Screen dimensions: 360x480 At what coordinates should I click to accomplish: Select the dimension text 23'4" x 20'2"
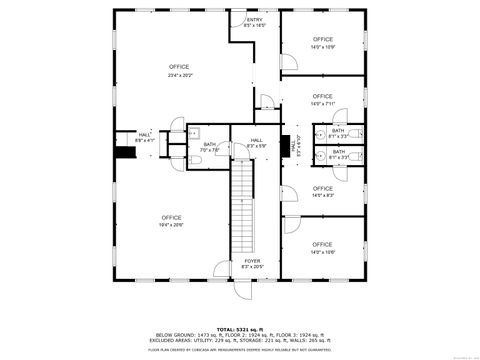point(179,75)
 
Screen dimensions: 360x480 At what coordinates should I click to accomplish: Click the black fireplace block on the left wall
point(124,153)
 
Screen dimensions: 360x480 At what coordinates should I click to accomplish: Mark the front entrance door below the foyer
point(241,289)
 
